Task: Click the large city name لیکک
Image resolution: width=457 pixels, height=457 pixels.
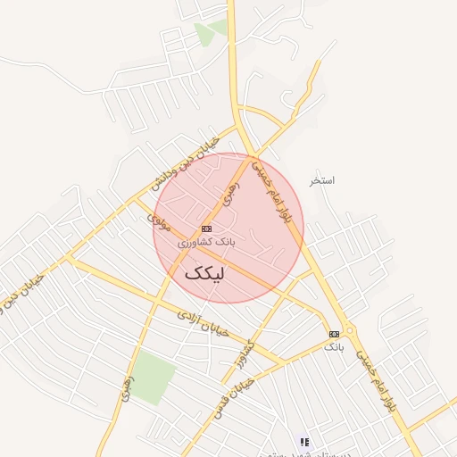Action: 204,273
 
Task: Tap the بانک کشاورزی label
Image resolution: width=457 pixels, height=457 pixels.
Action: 206,242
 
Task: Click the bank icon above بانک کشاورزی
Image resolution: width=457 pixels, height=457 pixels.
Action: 206,228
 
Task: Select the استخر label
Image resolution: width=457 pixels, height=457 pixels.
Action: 321,180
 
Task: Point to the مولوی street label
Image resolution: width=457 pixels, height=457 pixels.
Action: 162,221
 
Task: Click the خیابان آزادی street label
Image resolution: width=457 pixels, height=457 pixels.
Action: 204,323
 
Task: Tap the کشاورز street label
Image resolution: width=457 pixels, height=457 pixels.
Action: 244,356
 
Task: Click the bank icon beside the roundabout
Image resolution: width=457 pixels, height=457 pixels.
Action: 334,334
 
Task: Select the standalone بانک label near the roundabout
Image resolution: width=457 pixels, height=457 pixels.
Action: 334,345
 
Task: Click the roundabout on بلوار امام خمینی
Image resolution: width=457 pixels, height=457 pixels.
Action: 349,330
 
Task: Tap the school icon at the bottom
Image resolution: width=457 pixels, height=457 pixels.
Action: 304,441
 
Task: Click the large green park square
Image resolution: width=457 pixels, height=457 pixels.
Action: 154,378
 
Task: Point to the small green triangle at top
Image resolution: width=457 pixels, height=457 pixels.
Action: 207,34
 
